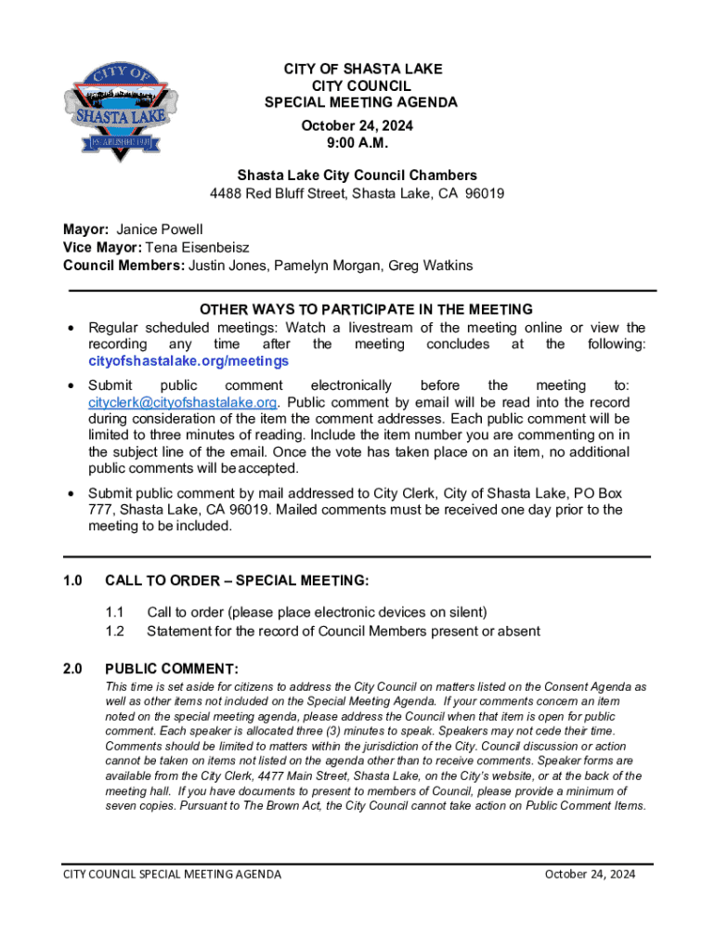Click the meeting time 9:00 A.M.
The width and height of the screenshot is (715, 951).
coord(357,142)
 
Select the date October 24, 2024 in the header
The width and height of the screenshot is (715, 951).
coord(357,125)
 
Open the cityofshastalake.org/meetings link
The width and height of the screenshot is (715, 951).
coord(188,360)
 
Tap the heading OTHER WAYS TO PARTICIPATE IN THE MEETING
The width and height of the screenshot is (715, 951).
coord(366,309)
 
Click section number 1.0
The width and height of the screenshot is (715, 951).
coord(72,580)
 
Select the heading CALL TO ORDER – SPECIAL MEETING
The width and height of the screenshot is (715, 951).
coord(237,580)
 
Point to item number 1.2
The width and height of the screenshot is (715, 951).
coord(114,632)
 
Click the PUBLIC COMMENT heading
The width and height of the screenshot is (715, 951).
coord(172,669)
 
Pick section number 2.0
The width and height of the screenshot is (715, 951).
coord(72,669)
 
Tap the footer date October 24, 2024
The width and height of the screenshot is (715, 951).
coord(590,874)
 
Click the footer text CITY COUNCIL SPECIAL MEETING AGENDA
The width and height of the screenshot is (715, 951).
coord(172,874)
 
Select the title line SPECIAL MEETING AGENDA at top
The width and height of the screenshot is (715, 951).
coord(361,102)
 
